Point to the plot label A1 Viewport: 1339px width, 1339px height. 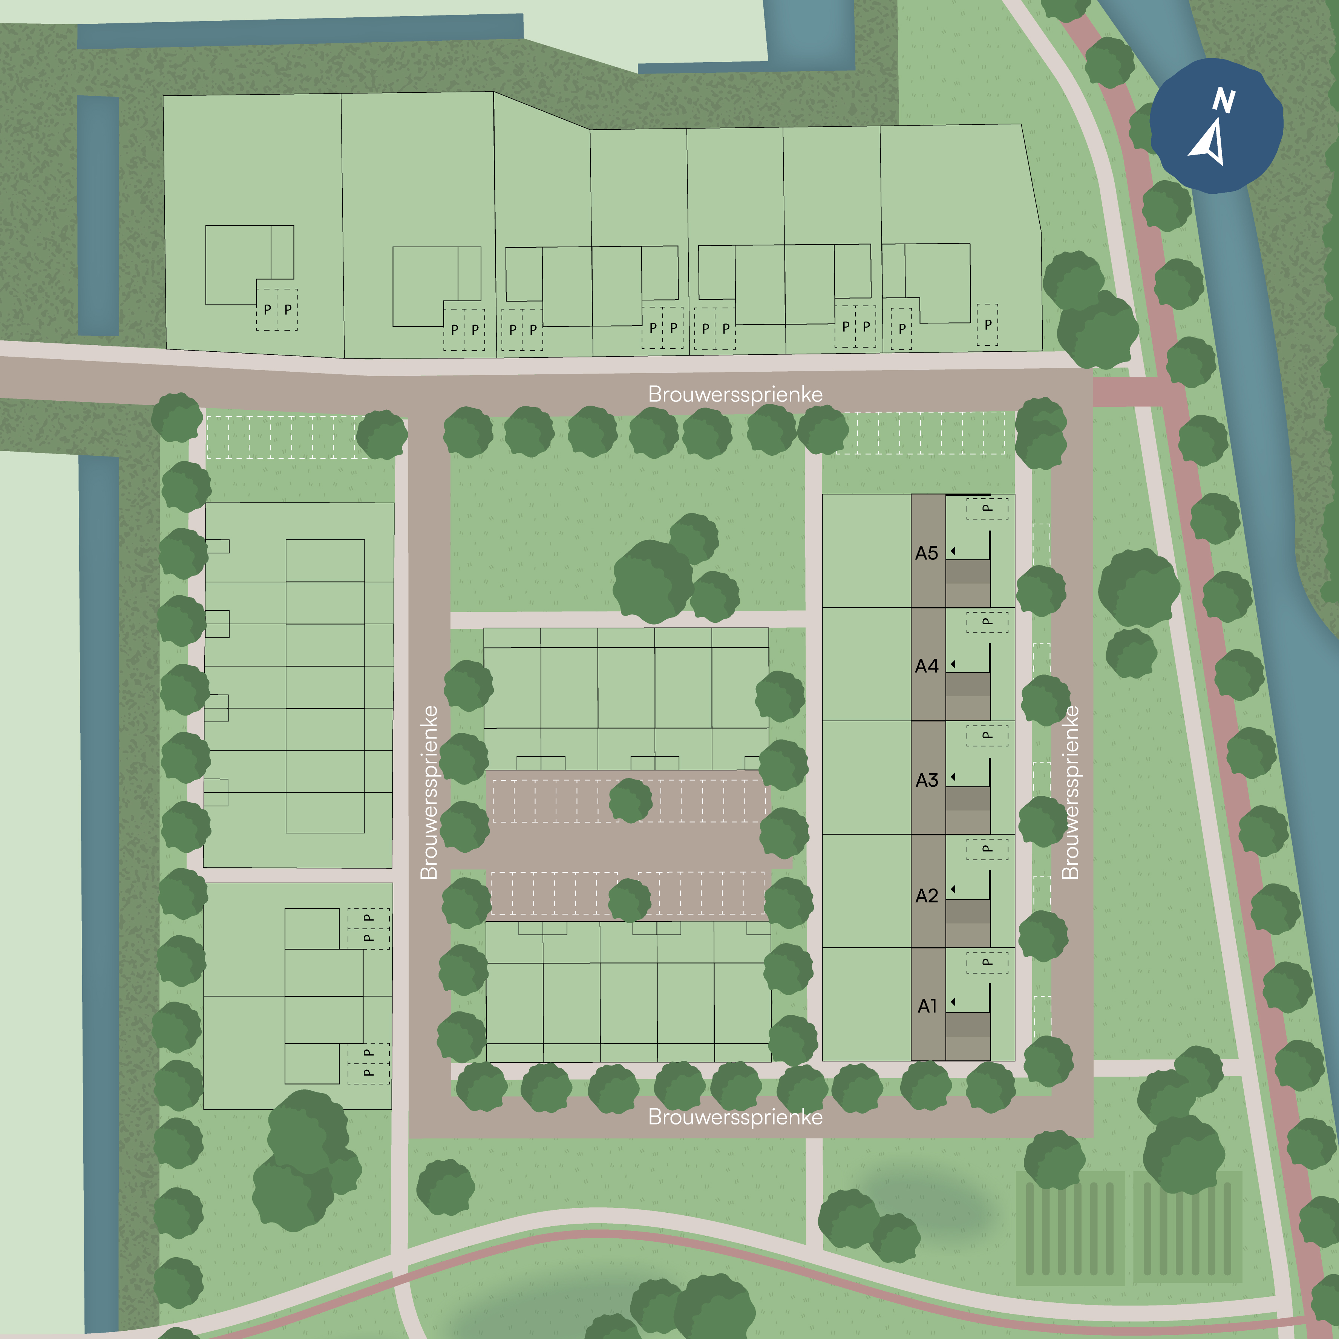tap(927, 1006)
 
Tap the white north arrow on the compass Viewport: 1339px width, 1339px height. tap(1209, 142)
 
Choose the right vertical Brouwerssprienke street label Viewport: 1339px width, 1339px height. tap(1070, 792)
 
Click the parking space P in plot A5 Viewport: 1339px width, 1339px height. tap(987, 509)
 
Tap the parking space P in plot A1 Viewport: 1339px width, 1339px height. tap(987, 962)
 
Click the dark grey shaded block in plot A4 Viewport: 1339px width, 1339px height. tap(968, 684)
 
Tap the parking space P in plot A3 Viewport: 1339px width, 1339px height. tap(987, 735)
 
